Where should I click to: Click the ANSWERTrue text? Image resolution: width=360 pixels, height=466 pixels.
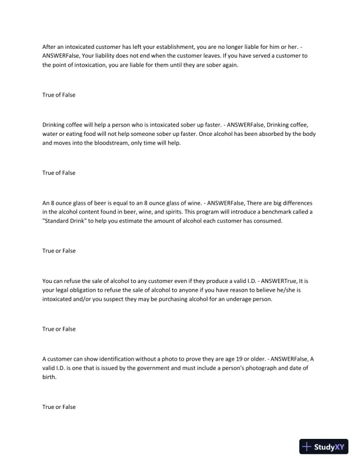[x=269, y=279]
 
